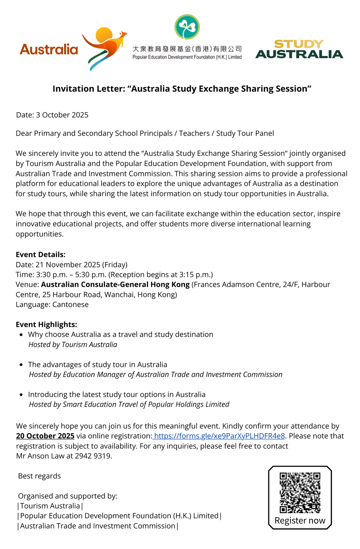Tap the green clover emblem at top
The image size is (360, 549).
pos(187,27)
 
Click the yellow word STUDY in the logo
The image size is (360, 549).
pos(299,44)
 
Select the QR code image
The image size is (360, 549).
pos(300,492)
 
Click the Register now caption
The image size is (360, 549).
pos(300,520)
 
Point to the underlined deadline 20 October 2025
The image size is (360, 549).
pos(45,436)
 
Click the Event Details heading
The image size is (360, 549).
pos(41,254)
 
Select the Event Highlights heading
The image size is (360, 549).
pos(46,324)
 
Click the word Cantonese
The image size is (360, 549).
pos(71,304)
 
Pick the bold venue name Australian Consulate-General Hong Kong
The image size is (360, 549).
pos(115,284)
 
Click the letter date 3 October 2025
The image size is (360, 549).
pos(62,115)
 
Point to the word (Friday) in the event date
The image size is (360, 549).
pos(115,265)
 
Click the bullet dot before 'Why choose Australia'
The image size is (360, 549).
pos(21,335)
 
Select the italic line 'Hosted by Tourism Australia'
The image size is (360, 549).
pos(73,344)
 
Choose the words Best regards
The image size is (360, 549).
pos(40,476)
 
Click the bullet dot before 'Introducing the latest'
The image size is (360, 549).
pos(21,395)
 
